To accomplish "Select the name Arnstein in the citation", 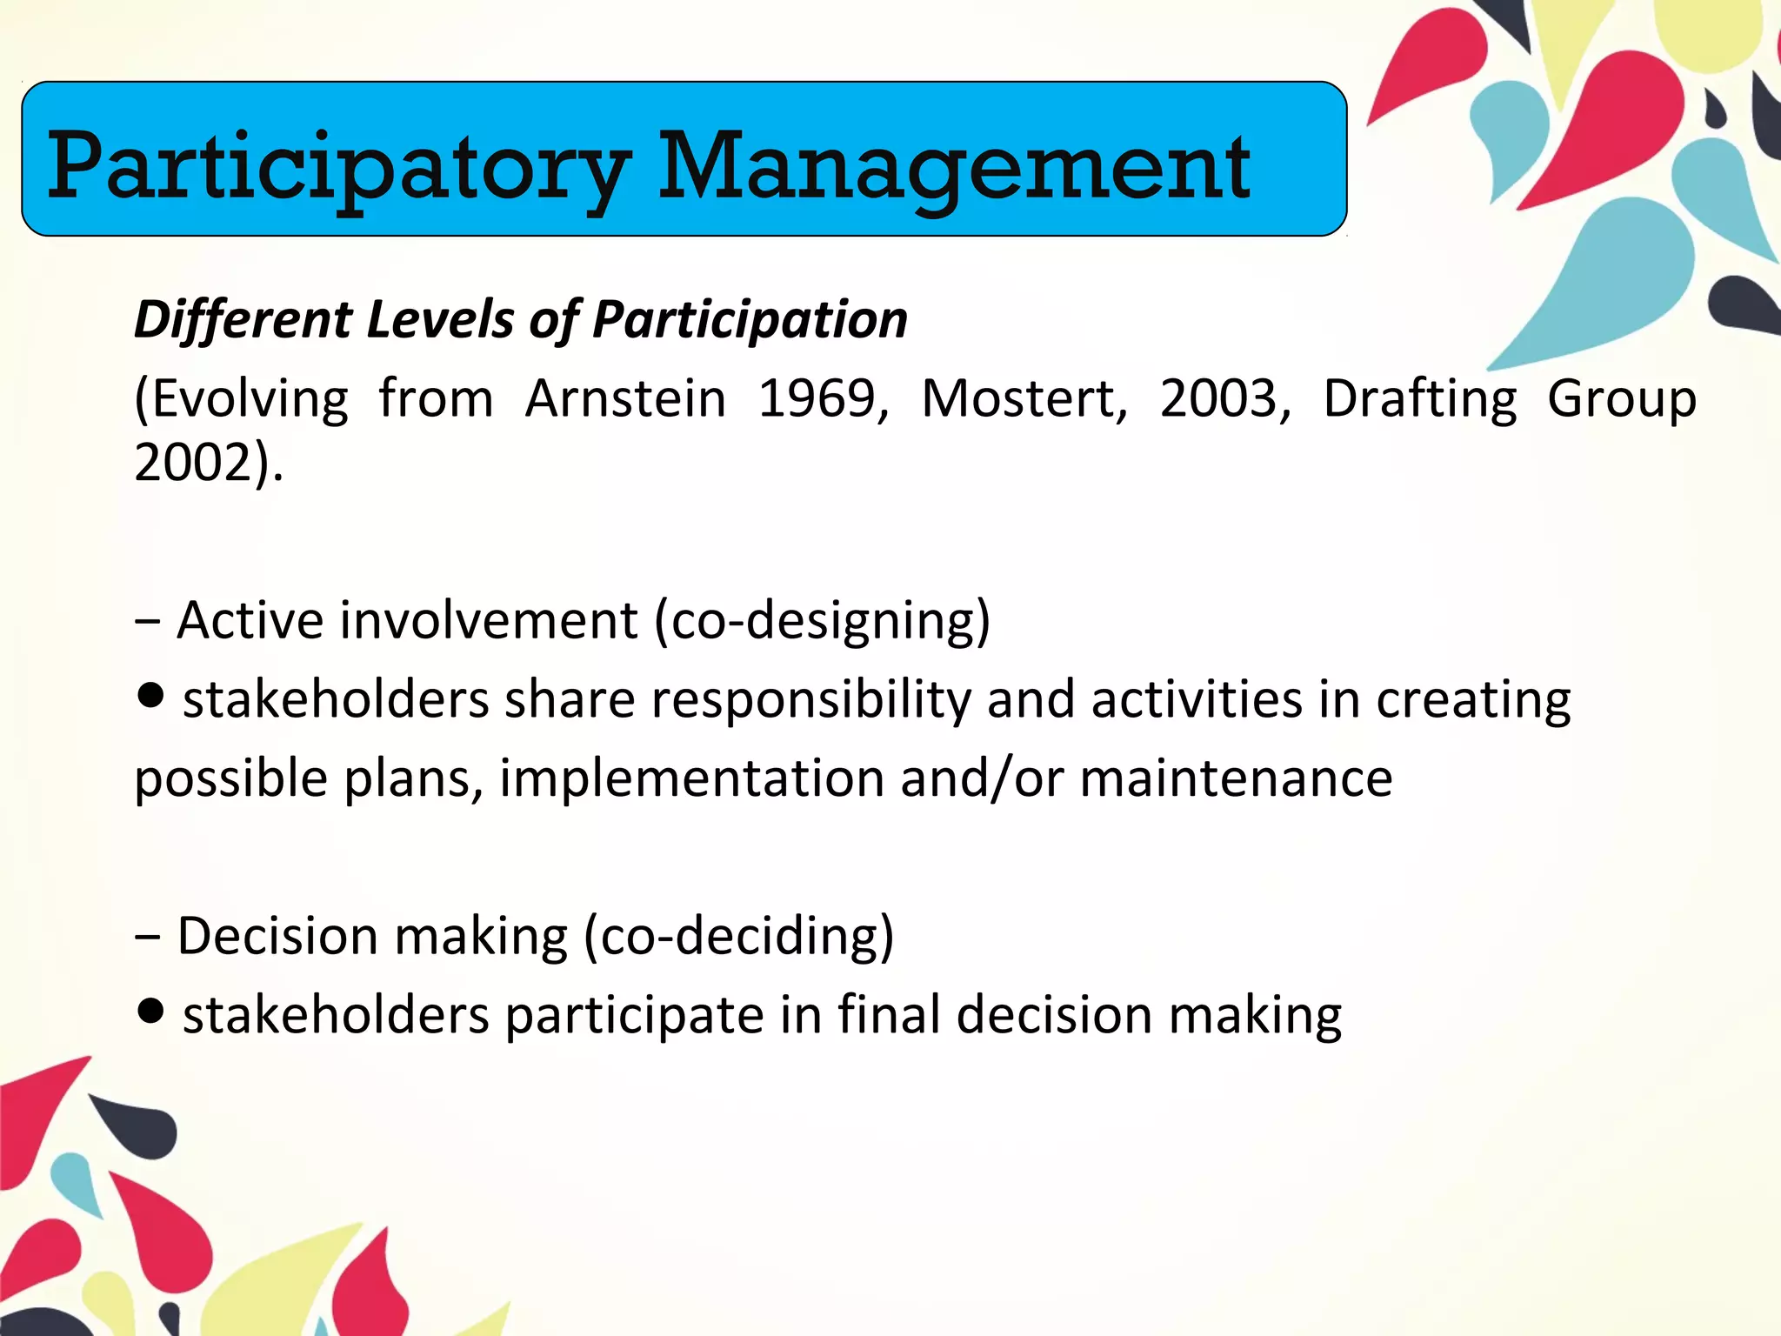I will click(x=625, y=398).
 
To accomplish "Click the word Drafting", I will click(x=1419, y=400).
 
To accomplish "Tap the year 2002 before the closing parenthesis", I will click(x=193, y=462).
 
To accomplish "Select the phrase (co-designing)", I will click(x=822, y=621).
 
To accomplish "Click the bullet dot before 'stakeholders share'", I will click(x=150, y=696).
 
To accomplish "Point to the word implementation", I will click(x=691, y=778).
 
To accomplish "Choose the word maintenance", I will click(x=1236, y=778).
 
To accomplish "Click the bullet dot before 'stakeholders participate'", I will click(x=150, y=1012).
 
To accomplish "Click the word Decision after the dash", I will click(x=277, y=937).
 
